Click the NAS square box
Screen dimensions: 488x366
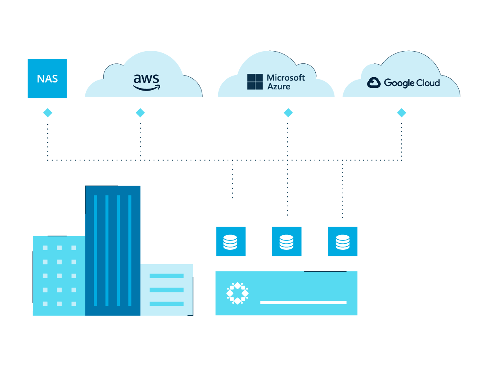(47, 78)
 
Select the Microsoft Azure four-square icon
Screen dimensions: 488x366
(255, 82)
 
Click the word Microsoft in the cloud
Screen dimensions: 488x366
(286, 78)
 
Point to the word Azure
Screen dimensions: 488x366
(279, 87)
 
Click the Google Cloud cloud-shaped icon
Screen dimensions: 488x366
(374, 82)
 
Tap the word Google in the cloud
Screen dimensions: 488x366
(399, 83)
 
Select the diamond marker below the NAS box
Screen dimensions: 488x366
(48, 113)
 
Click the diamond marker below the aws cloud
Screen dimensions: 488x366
(140, 113)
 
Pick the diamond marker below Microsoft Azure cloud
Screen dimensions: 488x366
(288, 113)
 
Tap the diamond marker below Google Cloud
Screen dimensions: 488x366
(401, 113)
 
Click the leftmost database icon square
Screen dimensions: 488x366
(231, 241)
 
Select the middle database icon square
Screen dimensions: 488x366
(287, 241)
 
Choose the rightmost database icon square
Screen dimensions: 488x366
(343, 241)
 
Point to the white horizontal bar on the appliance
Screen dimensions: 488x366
(303, 303)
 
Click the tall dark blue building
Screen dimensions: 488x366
(113, 251)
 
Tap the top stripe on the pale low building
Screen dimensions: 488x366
(167, 276)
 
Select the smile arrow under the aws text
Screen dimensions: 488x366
(147, 88)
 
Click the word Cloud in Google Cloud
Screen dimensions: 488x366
(428, 83)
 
